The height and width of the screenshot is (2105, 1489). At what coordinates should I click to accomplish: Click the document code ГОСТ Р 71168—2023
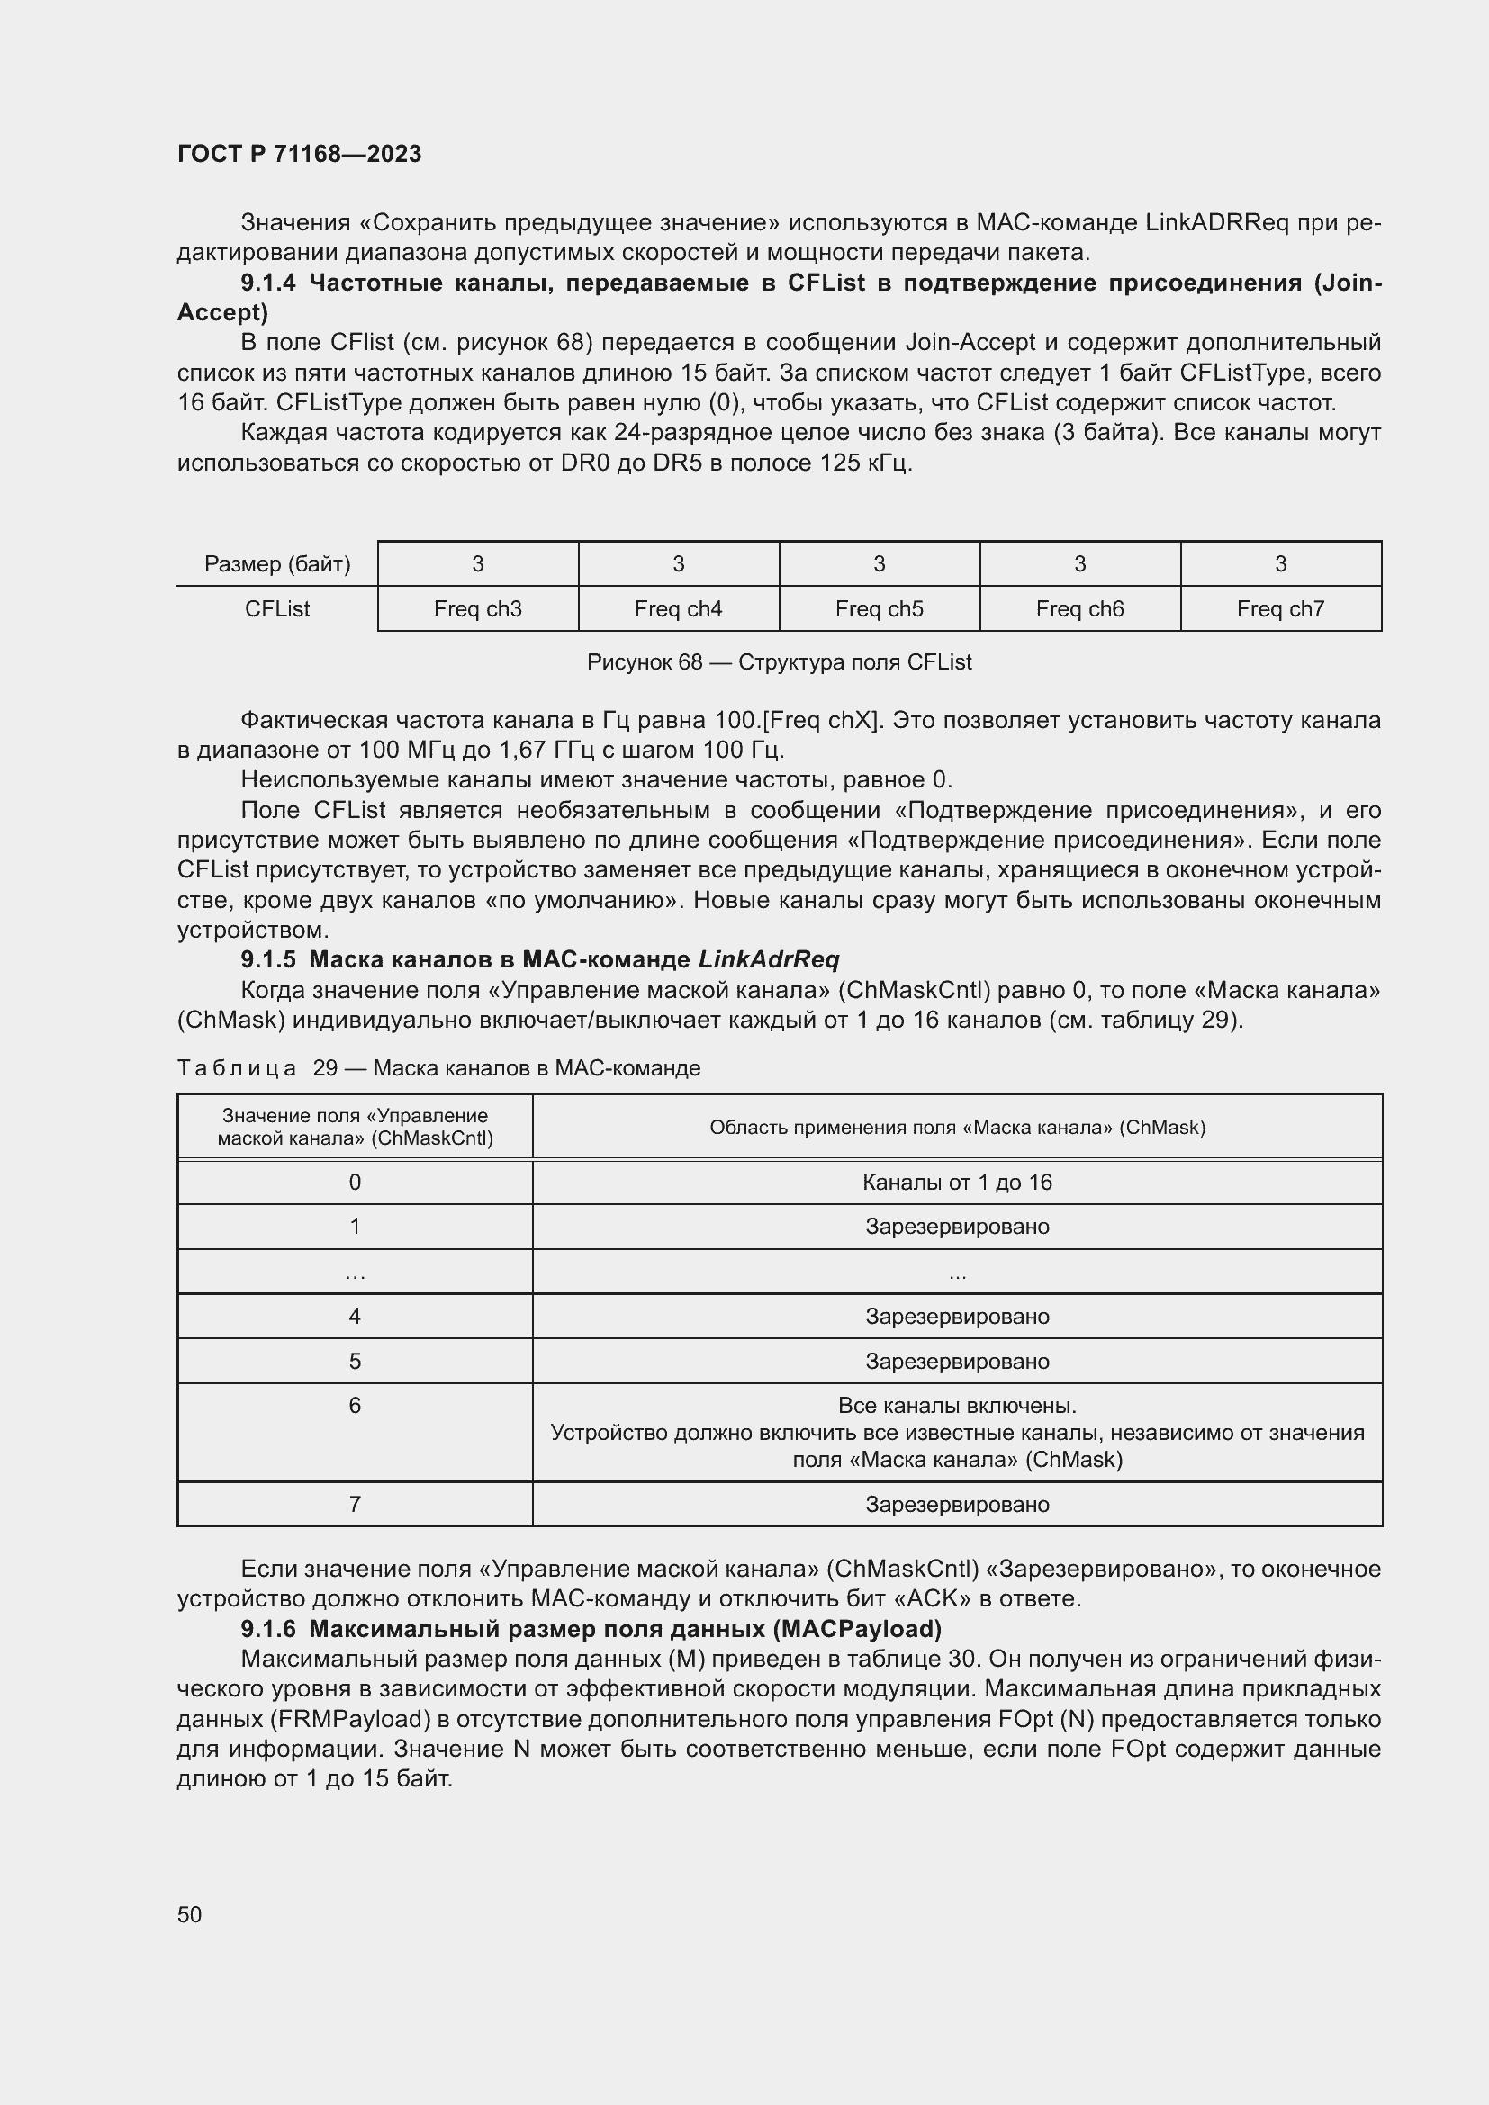coord(299,154)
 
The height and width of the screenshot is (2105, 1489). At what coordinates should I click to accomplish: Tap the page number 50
coord(189,1913)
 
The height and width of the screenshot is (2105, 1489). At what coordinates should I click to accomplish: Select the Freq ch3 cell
coord(478,608)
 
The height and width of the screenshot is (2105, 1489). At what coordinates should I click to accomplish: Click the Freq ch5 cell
coord(879,608)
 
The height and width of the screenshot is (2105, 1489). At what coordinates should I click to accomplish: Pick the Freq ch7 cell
coord(1280,608)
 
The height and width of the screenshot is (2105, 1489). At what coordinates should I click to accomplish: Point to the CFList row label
coord(277,608)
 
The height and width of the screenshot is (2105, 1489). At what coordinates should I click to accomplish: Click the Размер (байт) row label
coord(277,564)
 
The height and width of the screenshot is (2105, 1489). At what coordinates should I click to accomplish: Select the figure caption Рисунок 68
coord(779,662)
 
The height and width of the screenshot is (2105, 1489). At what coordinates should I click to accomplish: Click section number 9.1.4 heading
coord(267,283)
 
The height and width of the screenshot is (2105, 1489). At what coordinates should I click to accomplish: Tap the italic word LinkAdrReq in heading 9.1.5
coord(768,959)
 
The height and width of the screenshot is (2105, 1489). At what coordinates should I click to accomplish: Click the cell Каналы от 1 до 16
coord(956,1182)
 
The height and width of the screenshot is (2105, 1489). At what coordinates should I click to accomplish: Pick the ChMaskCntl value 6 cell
coord(355,1406)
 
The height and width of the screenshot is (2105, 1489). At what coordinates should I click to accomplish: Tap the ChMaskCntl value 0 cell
coord(355,1182)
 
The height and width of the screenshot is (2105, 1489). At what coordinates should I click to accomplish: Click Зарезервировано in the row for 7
coord(956,1504)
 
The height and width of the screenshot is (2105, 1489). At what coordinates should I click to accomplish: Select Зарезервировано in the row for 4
coord(956,1316)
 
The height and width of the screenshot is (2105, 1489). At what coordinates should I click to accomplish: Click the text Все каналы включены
coord(956,1405)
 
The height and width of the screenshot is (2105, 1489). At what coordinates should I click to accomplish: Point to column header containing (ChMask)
coord(956,1127)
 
